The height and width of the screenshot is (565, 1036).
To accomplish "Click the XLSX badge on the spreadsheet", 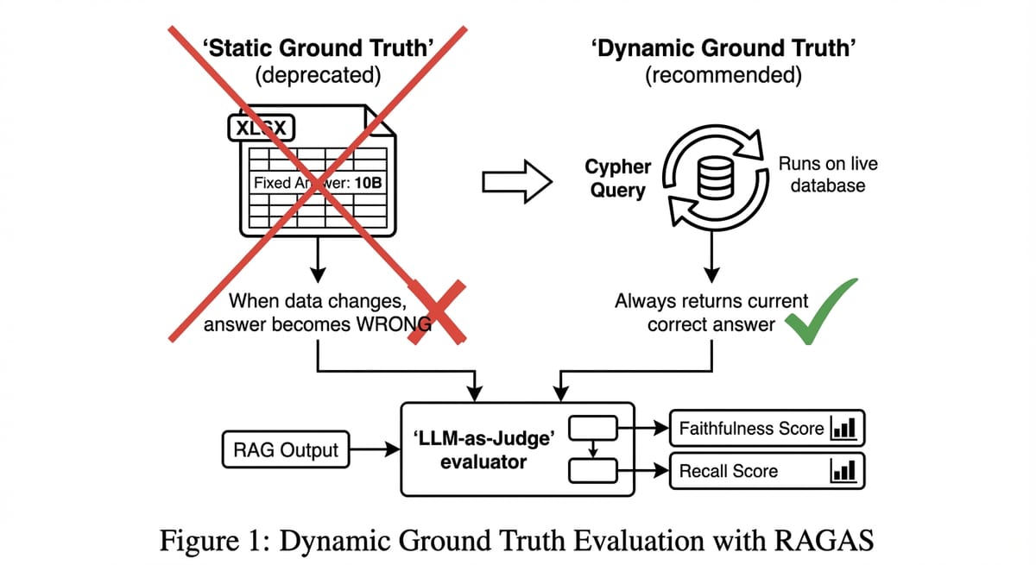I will pyautogui.click(x=262, y=128).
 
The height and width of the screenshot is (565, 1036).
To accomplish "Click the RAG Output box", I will pyautogui.click(x=286, y=449).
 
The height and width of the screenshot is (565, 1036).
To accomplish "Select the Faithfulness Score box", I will pyautogui.click(x=768, y=428).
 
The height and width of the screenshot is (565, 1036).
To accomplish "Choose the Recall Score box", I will pyautogui.click(x=768, y=471).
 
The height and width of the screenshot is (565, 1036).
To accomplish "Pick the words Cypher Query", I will pyautogui.click(x=618, y=178).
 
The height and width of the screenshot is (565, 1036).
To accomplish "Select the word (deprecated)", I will pyautogui.click(x=318, y=75).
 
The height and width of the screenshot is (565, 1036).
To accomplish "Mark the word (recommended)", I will pyautogui.click(x=723, y=75).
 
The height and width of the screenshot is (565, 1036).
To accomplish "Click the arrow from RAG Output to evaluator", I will pyautogui.click(x=375, y=449).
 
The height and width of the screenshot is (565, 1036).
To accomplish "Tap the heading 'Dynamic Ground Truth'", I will pyautogui.click(x=723, y=48).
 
